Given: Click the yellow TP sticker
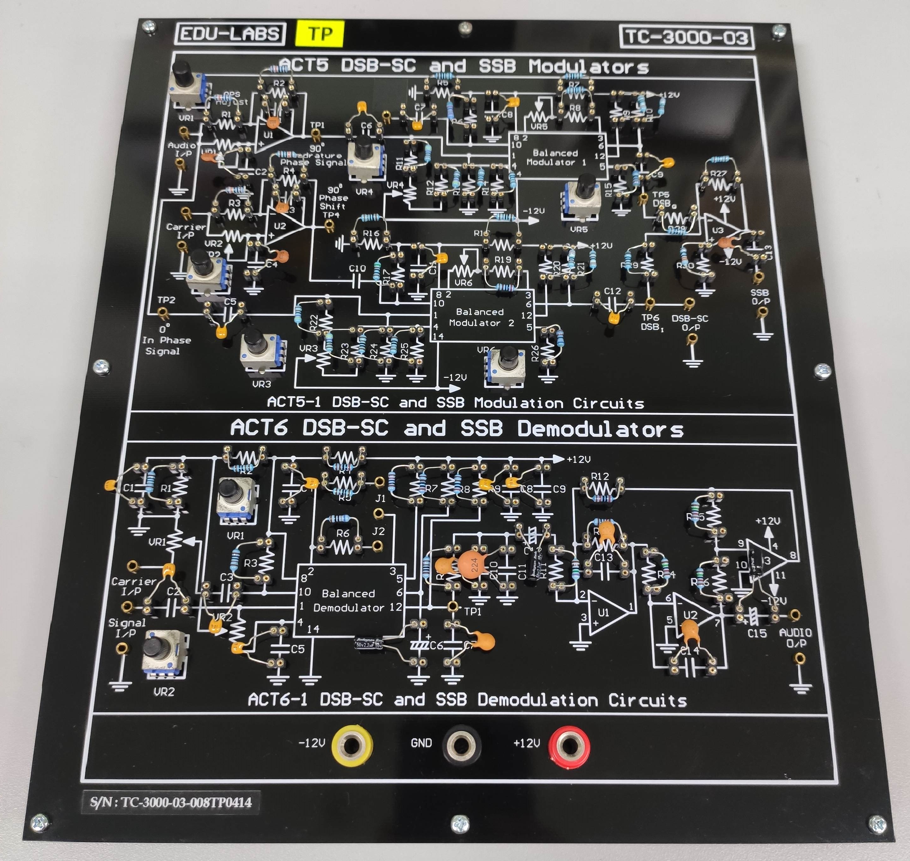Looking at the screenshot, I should point(320,33).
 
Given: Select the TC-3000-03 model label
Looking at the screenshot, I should point(686,37).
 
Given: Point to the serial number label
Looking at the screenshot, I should point(171,802).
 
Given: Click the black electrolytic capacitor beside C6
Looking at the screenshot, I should point(369,643).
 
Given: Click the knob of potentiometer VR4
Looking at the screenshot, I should point(364,147).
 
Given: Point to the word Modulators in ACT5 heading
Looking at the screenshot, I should point(589,67).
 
